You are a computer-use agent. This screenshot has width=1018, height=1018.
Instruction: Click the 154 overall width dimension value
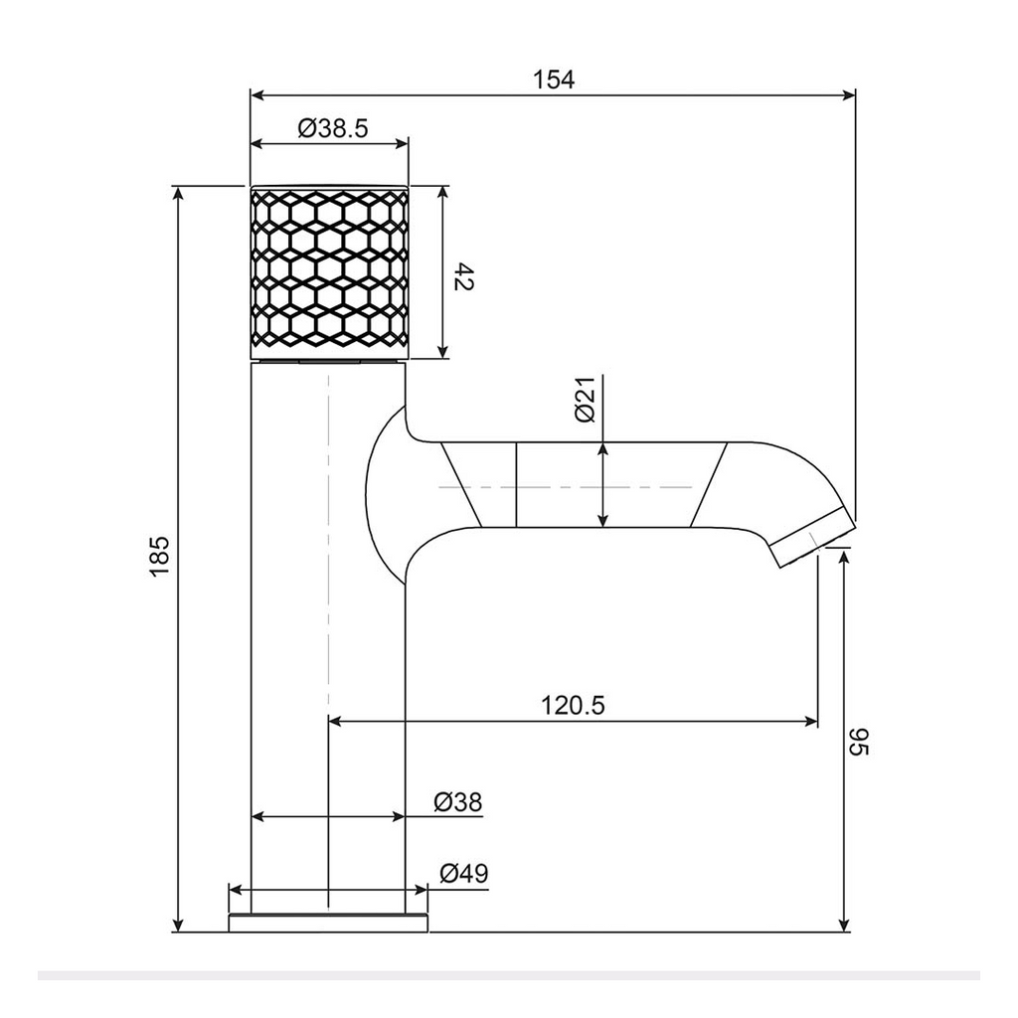(554, 80)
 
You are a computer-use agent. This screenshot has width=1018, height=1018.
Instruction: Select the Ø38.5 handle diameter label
(333, 128)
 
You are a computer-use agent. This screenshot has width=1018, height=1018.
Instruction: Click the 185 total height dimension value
(160, 556)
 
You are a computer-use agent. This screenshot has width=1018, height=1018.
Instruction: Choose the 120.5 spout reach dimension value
(573, 705)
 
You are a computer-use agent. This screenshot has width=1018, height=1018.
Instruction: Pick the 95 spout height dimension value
(859, 742)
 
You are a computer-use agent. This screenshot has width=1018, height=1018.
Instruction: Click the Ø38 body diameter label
(458, 802)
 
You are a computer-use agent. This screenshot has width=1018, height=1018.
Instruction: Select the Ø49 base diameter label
(463, 873)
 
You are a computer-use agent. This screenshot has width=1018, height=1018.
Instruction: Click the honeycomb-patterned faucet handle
(330, 272)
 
